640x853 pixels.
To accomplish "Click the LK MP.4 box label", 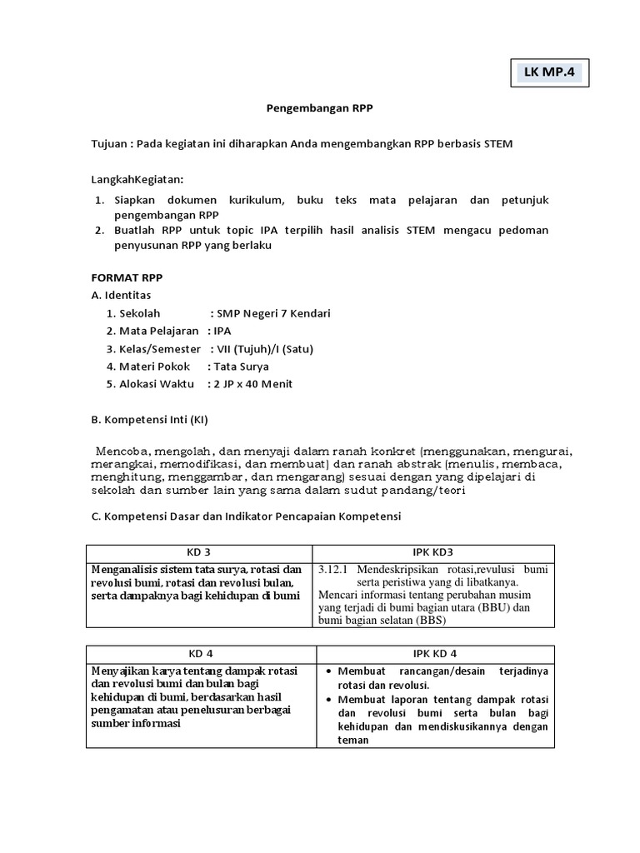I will point(549,72).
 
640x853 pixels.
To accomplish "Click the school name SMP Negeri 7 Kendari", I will point(273,313).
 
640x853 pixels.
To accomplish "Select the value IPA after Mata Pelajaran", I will point(222,331).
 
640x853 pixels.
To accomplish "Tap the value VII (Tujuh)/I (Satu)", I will point(265,348).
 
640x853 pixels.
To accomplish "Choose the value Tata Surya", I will point(242,367).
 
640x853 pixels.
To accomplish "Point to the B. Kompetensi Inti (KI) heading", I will point(155,419).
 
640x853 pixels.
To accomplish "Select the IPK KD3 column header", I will point(432,552).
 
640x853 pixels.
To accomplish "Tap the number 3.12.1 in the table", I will point(334,570).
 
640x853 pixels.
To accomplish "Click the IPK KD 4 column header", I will point(432,653).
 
